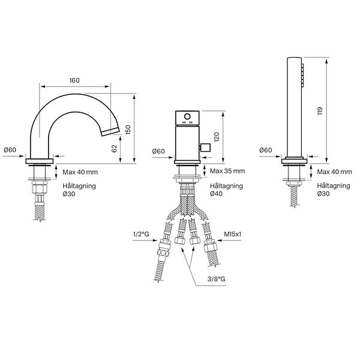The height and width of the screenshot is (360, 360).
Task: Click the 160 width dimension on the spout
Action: (x=74, y=80)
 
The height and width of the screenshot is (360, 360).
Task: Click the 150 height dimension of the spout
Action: (x=128, y=130)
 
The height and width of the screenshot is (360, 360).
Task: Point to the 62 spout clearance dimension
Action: (x=115, y=149)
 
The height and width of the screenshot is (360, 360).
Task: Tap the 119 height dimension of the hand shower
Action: (x=320, y=111)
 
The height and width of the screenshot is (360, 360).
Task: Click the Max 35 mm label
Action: (x=227, y=171)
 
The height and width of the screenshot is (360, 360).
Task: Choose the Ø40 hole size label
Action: (x=216, y=194)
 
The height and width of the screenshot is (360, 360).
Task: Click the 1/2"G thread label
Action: (x=141, y=234)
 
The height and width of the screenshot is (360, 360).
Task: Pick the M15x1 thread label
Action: (x=233, y=234)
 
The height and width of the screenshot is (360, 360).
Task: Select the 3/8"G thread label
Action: (x=216, y=279)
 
